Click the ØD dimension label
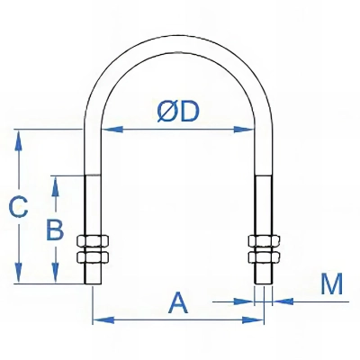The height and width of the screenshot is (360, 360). pos(178,112)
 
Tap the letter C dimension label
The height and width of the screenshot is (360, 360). pos(18,207)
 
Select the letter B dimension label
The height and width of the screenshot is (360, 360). pos(55,230)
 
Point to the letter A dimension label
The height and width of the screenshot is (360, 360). pos(178,303)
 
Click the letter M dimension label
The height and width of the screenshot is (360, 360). pos(331,283)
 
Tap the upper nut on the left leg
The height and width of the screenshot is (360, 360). pos(93,242)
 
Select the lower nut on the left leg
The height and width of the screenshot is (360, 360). pos(93,256)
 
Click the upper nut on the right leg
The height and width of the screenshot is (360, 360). pos(264,241)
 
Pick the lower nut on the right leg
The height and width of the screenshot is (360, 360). pos(264,256)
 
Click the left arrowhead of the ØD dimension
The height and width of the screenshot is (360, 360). pos(112,130)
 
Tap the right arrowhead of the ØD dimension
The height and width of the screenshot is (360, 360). pos(244,130)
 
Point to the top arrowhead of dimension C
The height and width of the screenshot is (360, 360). pos(19,140)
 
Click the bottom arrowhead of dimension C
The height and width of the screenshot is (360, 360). pos(19,273)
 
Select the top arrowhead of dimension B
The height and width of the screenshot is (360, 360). pos(55,186)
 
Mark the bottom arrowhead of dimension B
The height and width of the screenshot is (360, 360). pos(55,273)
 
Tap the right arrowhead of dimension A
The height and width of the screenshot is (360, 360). pos(253,320)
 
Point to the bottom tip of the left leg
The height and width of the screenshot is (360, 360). pos(93,283)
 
